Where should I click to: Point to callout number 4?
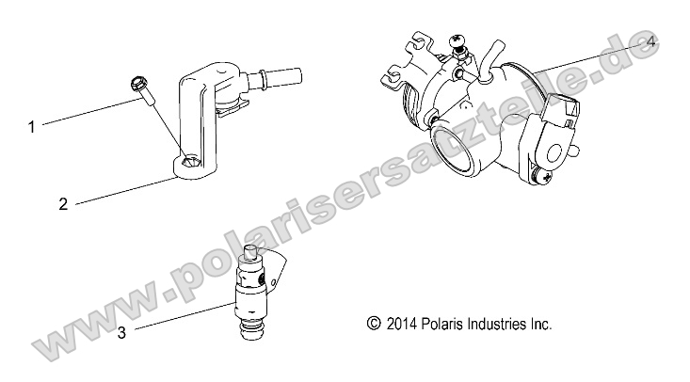coord(651,43)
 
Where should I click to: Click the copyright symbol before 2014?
coord(374,324)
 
